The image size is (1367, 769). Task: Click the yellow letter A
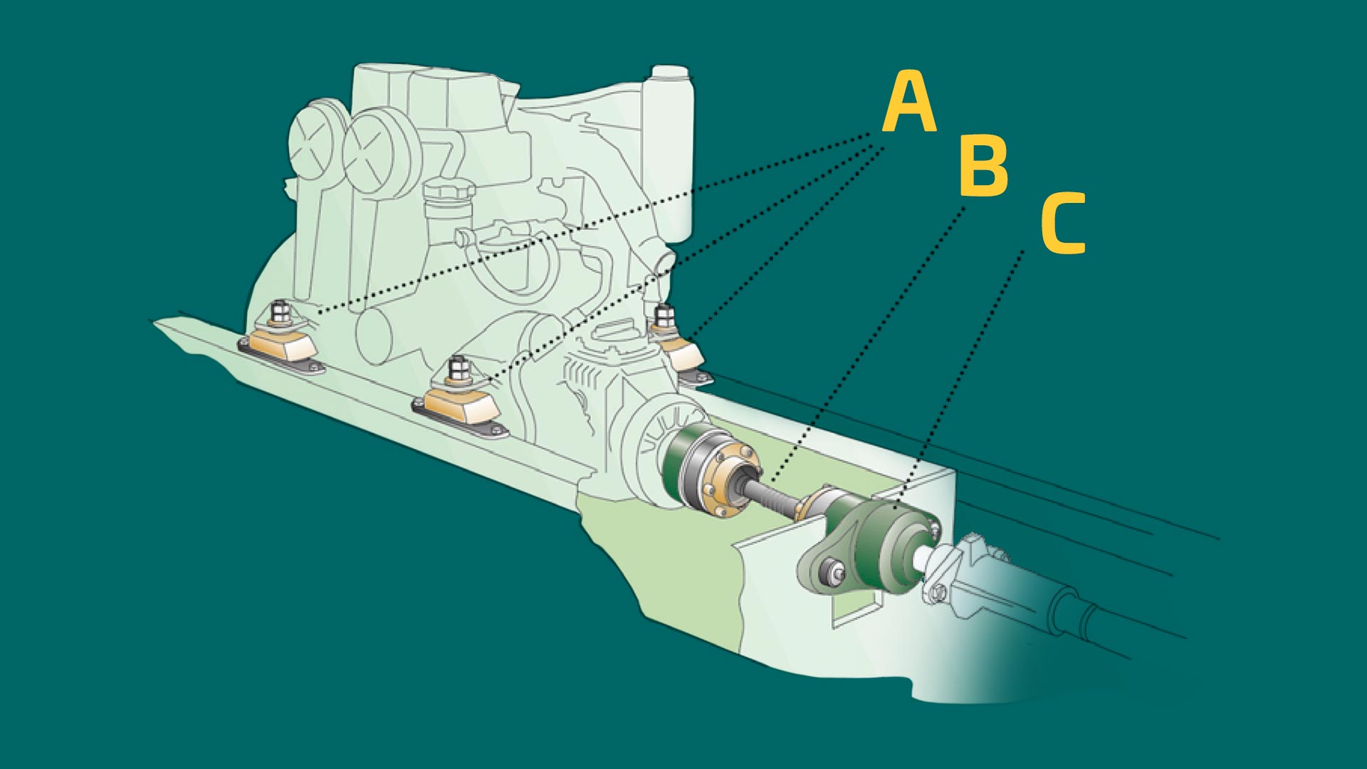[x=909, y=102]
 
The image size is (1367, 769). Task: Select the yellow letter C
[x=1063, y=223]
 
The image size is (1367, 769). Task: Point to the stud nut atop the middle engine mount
[x=456, y=369]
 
